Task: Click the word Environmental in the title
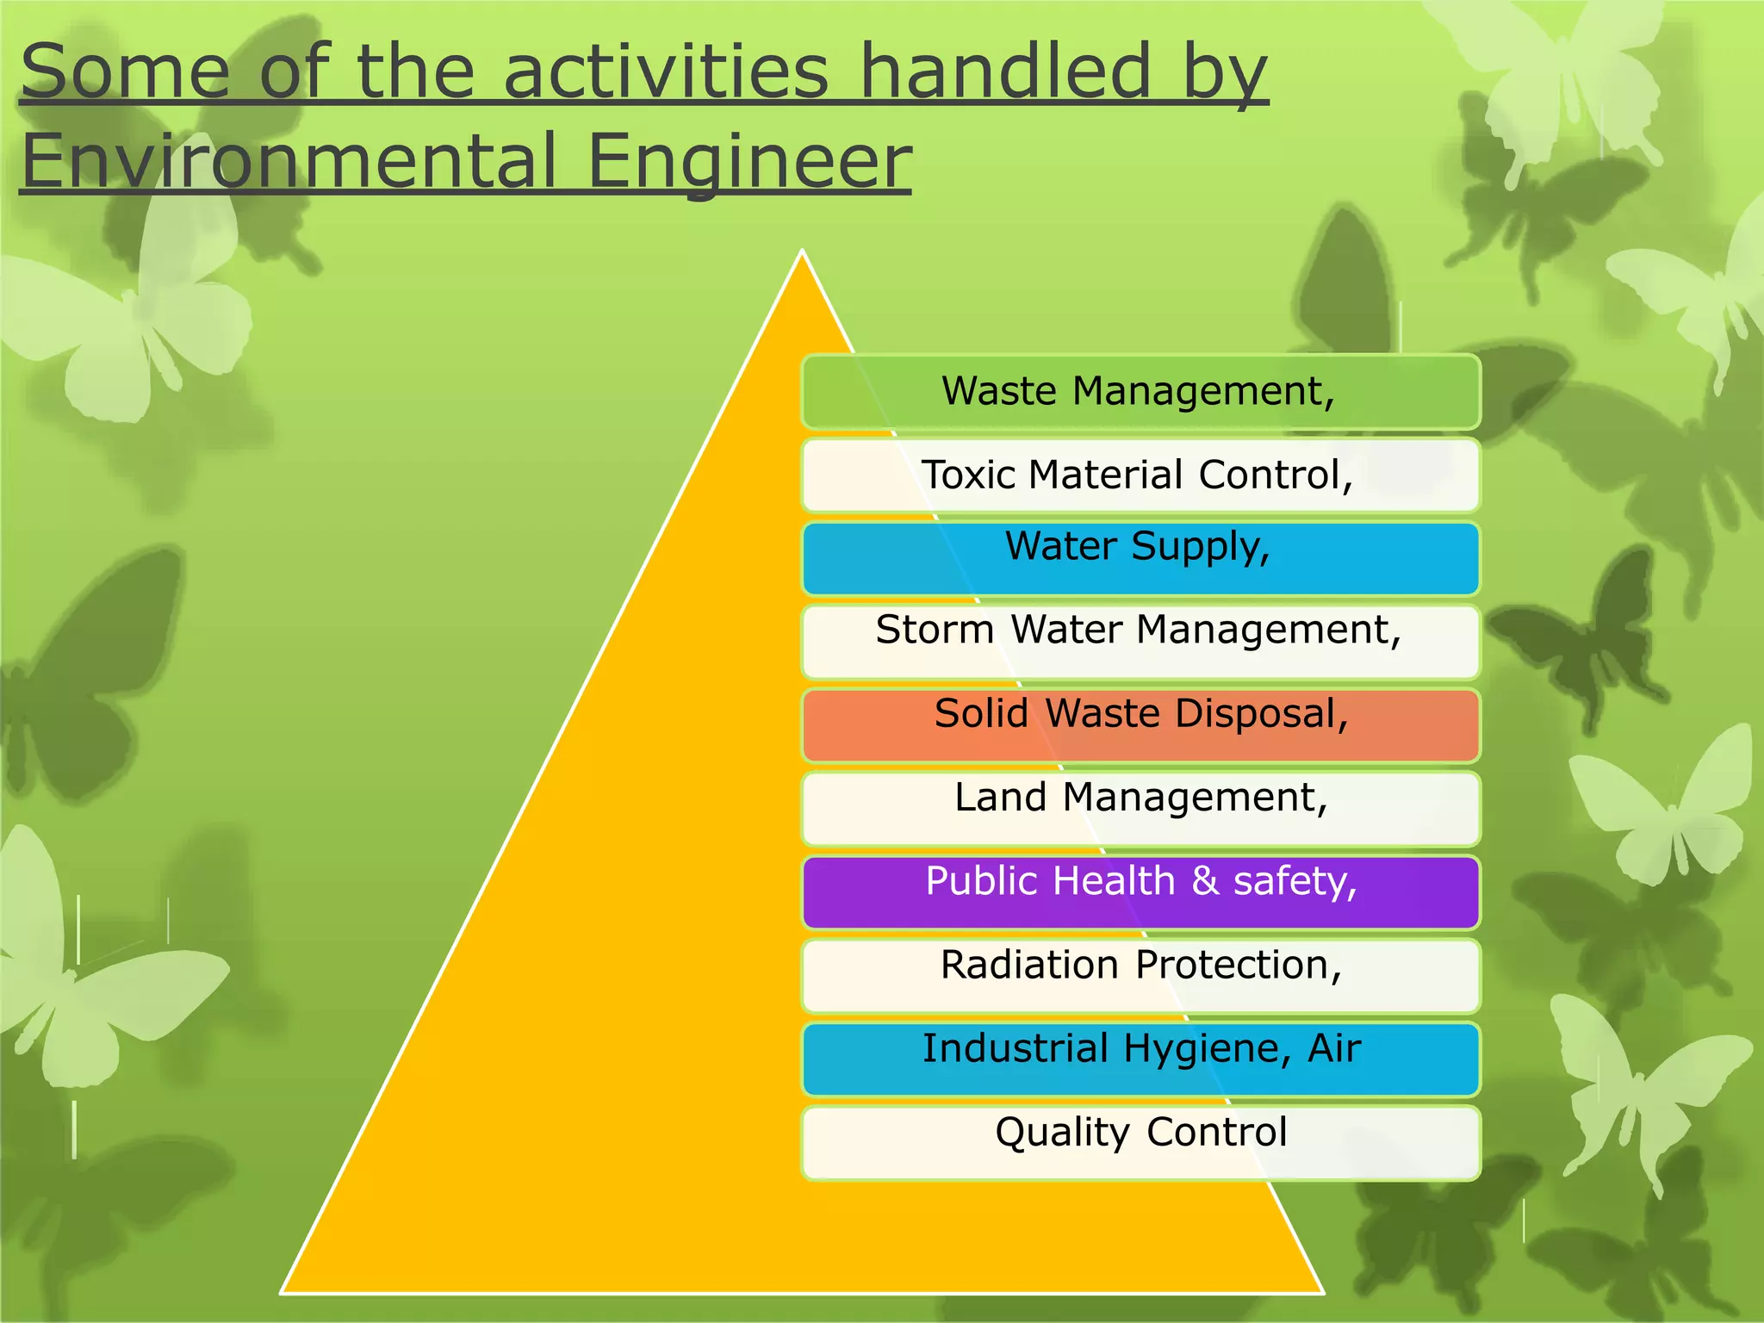click(x=289, y=161)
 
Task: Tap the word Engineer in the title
click(x=748, y=161)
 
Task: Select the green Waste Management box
click(x=1140, y=392)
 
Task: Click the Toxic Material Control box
click(x=1140, y=475)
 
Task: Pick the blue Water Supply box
click(x=1140, y=559)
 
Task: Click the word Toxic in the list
click(x=969, y=475)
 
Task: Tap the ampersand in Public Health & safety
click(x=1205, y=881)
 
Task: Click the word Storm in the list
click(x=935, y=630)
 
